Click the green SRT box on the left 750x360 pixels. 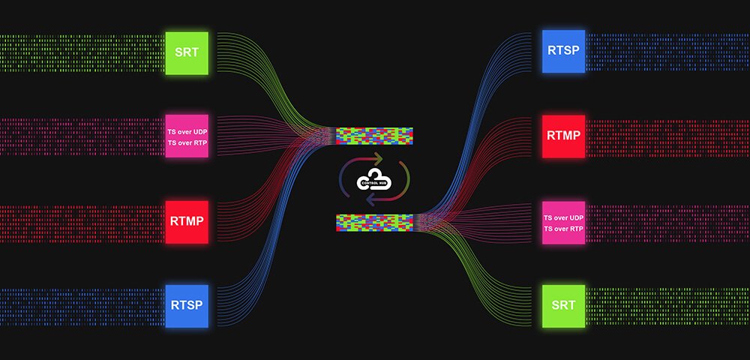coord(187,53)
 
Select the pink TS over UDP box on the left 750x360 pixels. coord(187,136)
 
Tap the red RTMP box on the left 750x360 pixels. coord(187,222)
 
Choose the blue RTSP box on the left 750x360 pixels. coord(187,306)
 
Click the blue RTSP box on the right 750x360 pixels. coord(563,51)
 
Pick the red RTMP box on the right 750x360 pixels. coord(563,136)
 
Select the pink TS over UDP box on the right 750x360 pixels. coord(563,223)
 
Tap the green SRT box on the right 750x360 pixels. coord(563,306)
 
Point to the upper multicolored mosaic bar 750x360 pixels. coord(374,136)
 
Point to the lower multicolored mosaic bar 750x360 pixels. coord(374,223)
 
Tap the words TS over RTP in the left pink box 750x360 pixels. coord(187,142)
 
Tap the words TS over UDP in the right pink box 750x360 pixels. coord(563,217)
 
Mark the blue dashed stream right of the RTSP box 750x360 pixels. coord(667,52)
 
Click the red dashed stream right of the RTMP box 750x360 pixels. coord(667,138)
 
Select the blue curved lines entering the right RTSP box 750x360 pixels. coord(478,124)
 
